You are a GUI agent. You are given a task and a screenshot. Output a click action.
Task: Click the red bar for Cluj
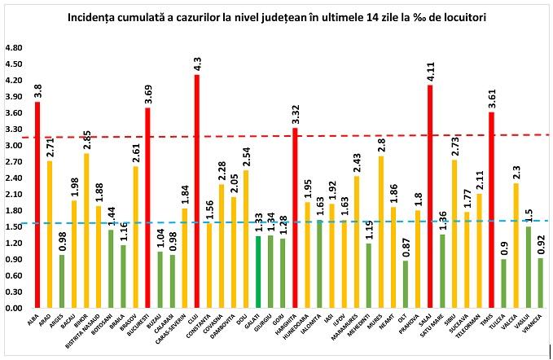click(x=196, y=191)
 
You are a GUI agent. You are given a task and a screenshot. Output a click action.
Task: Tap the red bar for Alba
click(x=37, y=205)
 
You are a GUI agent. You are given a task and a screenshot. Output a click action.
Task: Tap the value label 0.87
click(x=406, y=246)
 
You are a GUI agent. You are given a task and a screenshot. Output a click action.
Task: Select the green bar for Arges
click(x=62, y=282)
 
